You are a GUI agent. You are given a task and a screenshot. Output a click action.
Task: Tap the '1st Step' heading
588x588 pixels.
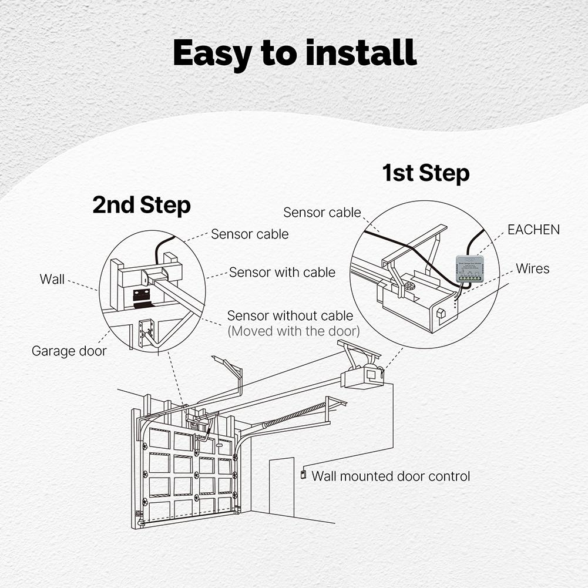425,173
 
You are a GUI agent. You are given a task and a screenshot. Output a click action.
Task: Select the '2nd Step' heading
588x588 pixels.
142,206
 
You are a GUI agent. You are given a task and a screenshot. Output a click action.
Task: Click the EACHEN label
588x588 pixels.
533,230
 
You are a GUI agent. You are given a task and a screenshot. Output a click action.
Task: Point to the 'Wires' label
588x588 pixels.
533,269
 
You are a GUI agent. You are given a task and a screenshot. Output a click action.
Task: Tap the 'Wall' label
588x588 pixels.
52,279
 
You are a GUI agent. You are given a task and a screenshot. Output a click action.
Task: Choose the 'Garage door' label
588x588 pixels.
69,351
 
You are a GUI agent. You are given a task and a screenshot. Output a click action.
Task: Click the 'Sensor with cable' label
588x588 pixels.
282,273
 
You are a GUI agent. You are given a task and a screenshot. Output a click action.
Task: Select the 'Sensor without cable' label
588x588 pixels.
290,316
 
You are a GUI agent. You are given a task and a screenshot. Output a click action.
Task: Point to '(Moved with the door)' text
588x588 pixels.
293,331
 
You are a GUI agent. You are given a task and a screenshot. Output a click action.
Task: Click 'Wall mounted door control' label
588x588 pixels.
391,476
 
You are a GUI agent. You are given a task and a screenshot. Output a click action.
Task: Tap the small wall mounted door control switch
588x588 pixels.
303,474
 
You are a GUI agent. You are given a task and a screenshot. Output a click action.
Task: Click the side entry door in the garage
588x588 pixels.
281,487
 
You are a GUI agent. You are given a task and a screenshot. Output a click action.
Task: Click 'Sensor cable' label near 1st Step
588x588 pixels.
322,213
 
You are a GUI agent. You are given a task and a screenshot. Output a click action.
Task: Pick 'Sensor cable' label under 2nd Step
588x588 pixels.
250,234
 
